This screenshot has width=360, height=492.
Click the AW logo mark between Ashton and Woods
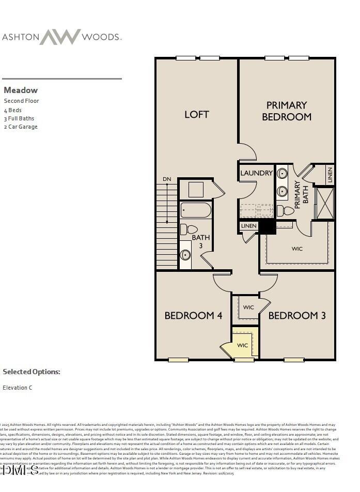pos(60,37)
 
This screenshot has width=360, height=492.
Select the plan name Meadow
pos(21,90)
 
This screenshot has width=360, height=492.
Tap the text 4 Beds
pos(13,110)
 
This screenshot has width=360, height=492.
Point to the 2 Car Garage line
pos(21,127)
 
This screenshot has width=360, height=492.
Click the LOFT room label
pos(197,114)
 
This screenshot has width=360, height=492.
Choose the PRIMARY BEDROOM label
pos(287,111)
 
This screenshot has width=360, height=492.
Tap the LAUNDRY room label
pos(256,173)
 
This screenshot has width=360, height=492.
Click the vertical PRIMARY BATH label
pos(301,194)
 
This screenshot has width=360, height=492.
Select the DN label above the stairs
pos(166,179)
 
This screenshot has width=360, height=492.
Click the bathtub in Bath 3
pos(196,210)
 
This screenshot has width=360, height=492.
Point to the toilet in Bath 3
pos(189,229)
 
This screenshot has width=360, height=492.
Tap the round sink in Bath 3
pos(185,255)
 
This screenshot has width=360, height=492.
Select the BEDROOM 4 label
pos(193,315)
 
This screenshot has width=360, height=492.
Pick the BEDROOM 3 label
pos(297,315)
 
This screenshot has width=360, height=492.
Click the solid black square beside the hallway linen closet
pos(267,226)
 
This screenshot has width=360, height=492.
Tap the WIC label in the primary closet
pos(297,249)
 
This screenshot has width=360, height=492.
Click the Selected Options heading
pos(32,372)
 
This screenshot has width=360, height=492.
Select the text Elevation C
pos(18,388)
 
